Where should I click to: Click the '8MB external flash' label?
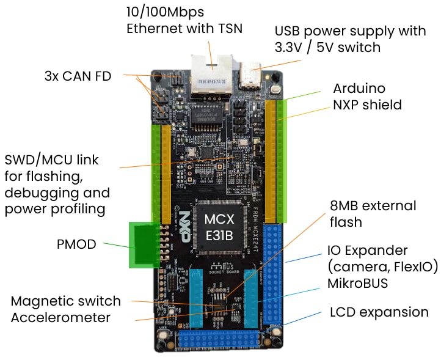click(x=373, y=213)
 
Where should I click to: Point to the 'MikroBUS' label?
click(x=358, y=284)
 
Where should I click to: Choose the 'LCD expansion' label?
click(x=379, y=312)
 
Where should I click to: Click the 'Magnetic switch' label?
click(x=66, y=301)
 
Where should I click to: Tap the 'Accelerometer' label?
click(x=60, y=317)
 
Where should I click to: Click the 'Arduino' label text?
click(x=359, y=89)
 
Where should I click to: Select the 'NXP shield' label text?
click(x=367, y=105)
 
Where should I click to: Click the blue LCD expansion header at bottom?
click(x=223, y=340)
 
